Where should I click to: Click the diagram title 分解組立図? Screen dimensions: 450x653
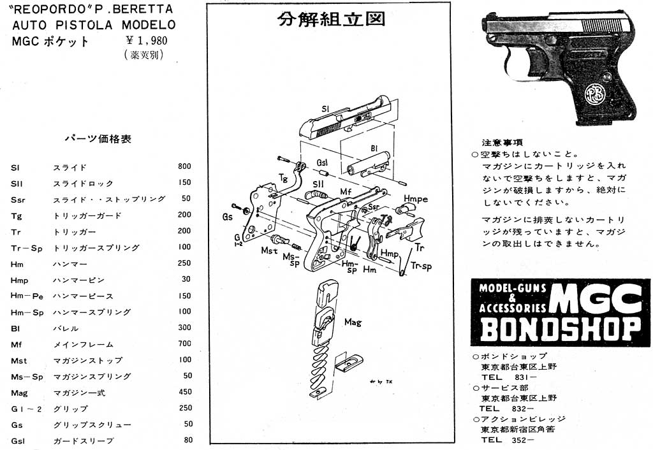point(332,19)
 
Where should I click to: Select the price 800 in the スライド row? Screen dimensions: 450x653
point(184,167)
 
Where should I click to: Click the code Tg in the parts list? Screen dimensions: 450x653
point(17,215)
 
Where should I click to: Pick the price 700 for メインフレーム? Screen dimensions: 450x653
point(184,344)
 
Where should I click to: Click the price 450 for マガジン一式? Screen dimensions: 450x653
point(184,393)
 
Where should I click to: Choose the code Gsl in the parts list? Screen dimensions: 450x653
point(18,440)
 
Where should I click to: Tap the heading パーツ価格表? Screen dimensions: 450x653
point(98,138)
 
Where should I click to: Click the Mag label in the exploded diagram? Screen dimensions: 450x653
point(352,322)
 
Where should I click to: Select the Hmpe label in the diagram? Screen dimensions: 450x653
point(415,199)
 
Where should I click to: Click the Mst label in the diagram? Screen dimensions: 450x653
point(268,250)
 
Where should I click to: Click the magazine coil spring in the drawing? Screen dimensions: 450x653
point(321,370)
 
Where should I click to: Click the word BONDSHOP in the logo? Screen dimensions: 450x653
point(560,328)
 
